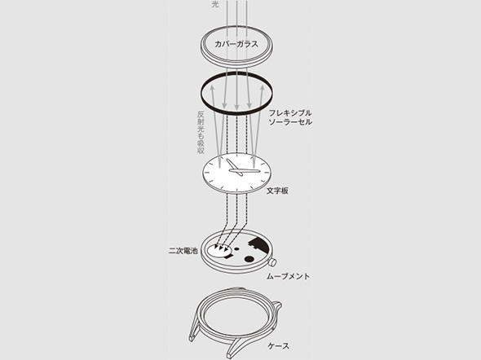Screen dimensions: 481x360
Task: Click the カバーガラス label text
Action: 236,44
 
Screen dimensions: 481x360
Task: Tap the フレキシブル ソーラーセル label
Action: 290,117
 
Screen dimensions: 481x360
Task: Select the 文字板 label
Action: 277,191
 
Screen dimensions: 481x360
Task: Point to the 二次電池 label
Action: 183,251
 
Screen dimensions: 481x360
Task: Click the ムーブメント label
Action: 288,276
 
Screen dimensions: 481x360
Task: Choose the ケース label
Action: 279,346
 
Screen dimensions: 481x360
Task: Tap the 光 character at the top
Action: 215,4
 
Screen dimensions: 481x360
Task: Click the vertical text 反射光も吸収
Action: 201,132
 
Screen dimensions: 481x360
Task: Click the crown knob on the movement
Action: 272,262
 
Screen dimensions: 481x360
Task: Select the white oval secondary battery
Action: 218,250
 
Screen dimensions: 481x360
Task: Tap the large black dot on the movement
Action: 249,259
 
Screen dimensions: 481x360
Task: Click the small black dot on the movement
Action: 236,248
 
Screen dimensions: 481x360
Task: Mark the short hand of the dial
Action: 234,168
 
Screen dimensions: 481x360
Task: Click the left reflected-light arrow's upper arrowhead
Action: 212,89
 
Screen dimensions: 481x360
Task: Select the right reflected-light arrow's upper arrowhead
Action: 262,89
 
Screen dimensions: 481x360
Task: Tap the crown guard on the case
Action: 276,306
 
